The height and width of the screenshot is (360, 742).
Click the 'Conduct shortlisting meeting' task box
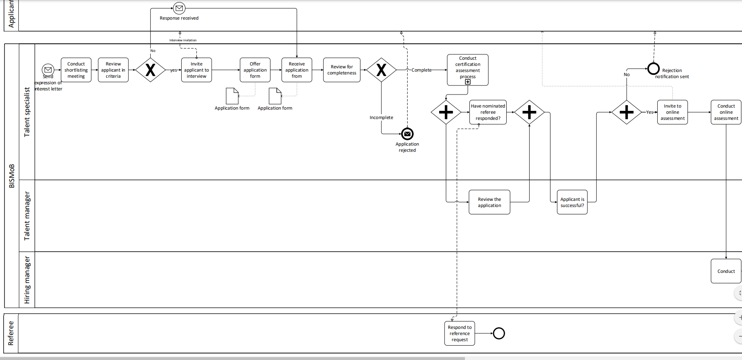(76, 70)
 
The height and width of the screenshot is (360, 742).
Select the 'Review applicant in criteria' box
(113, 70)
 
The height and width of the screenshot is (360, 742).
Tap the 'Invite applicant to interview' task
(196, 70)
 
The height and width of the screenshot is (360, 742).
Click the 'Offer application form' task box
(255, 70)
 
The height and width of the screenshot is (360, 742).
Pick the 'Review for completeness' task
(342, 70)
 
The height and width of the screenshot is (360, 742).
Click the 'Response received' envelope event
(179, 8)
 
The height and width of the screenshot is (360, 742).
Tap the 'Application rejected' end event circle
(407, 134)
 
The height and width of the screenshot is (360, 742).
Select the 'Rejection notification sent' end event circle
(654, 68)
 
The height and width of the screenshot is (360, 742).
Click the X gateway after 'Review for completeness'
(381, 70)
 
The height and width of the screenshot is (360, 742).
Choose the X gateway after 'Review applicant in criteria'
(151, 70)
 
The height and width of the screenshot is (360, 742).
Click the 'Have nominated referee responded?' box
(488, 112)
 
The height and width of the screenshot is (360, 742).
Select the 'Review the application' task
(489, 202)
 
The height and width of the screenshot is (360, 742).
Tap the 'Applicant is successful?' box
(572, 202)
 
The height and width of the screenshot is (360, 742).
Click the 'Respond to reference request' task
(460, 333)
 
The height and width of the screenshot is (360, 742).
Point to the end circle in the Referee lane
(499, 333)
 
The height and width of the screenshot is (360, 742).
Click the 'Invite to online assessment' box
(672, 112)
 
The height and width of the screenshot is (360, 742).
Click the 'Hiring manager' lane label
(27, 280)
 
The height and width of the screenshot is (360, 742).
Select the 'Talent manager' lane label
(27, 216)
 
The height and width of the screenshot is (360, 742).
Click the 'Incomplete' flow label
(381, 117)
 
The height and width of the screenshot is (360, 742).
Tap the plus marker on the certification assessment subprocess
(468, 82)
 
